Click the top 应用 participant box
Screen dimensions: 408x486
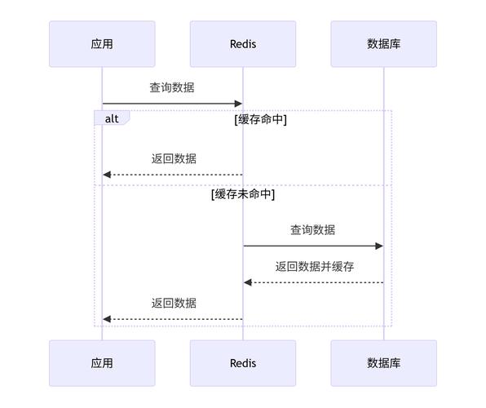click(102, 44)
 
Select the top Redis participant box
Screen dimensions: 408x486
click(243, 44)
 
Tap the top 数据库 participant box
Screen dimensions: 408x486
click(384, 44)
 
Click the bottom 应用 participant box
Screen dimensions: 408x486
click(102, 363)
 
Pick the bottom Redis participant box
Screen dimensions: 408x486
click(243, 363)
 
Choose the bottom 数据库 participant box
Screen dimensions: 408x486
click(384, 363)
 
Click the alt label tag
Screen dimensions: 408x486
click(112, 118)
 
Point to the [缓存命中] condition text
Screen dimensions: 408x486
click(261, 119)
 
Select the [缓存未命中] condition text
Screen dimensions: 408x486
click(243, 195)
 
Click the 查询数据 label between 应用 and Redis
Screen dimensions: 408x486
click(172, 87)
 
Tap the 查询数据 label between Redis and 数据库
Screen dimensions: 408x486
click(313, 230)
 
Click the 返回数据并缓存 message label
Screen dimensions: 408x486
click(314, 266)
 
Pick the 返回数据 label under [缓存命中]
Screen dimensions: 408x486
click(174, 158)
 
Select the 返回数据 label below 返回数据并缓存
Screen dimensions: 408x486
click(174, 303)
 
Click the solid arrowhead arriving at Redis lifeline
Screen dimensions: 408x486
click(238, 104)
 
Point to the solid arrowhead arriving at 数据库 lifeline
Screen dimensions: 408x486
click(379, 246)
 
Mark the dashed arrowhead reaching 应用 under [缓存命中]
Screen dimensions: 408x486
click(108, 175)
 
